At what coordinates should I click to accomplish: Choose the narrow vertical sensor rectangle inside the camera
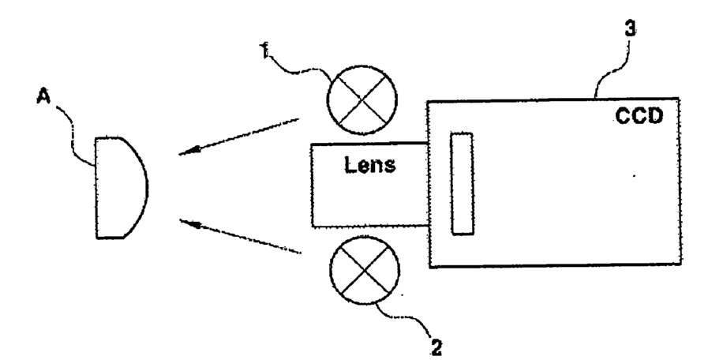[461, 183]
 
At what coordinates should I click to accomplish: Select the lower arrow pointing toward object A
[240, 238]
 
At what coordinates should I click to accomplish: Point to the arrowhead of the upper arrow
[186, 152]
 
